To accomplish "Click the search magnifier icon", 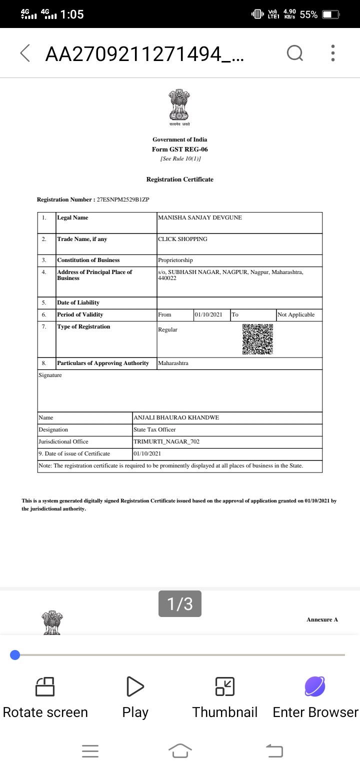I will [x=294, y=53].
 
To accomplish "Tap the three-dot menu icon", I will [x=333, y=53].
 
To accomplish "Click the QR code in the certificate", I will [x=257, y=339].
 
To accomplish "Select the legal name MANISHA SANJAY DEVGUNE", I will [x=200, y=217].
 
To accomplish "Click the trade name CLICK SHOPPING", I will [x=182, y=239].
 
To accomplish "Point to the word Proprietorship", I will [x=175, y=260].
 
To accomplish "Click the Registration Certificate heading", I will [x=179, y=179].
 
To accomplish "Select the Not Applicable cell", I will [x=296, y=314].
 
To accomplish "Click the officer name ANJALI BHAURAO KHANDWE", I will [x=176, y=417].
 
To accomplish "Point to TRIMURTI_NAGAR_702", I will [x=166, y=441].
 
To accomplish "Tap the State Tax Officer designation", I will [x=154, y=429].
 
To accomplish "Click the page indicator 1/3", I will [x=179, y=604].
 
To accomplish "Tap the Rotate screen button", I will [x=45, y=686].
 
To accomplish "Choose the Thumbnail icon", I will [x=224, y=686].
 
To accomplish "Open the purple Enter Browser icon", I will [x=315, y=686].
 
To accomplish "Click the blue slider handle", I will [x=15, y=655].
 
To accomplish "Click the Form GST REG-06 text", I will [x=179, y=149].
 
